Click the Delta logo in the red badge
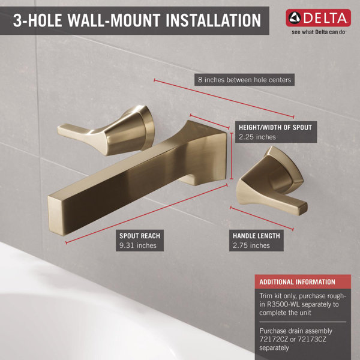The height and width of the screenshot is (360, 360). pos(318,17)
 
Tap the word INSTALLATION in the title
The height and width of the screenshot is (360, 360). pos(213,20)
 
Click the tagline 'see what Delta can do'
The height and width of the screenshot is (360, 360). pos(318,32)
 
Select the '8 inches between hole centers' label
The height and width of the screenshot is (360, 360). pos(245,80)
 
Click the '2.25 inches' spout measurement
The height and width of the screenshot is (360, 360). pos(257,137)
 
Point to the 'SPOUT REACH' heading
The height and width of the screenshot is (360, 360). pos(140,236)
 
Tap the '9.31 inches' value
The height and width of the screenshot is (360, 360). pos(138,245)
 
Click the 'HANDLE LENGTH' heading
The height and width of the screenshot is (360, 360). pos(256,236)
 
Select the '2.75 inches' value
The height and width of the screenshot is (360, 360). pos(251,245)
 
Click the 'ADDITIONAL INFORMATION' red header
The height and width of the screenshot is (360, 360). pos(303,282)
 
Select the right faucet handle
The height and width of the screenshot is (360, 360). pos(271,181)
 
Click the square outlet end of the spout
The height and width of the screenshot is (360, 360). pos(56,216)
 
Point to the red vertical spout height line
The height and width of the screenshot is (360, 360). pos(232,156)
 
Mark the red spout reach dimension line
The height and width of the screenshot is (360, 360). pos(146,214)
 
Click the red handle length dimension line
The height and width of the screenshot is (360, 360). pos(262,218)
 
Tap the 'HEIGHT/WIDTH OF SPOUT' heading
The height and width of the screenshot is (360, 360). pos(275,127)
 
